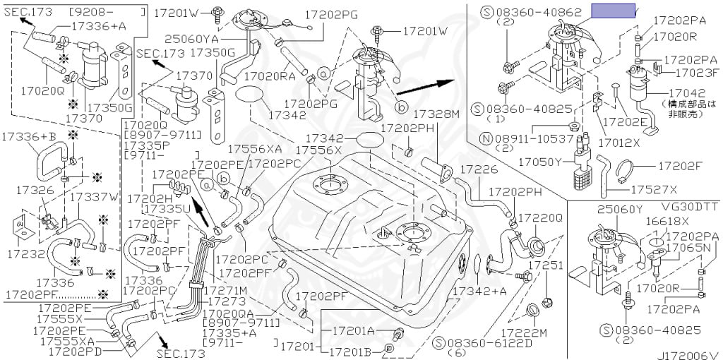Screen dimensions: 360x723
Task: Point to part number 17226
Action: pyautogui.click(x=479, y=170)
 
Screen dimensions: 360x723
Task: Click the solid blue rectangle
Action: pyautogui.click(x=613, y=11)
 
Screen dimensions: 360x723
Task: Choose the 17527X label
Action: pyautogui.click(x=653, y=189)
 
